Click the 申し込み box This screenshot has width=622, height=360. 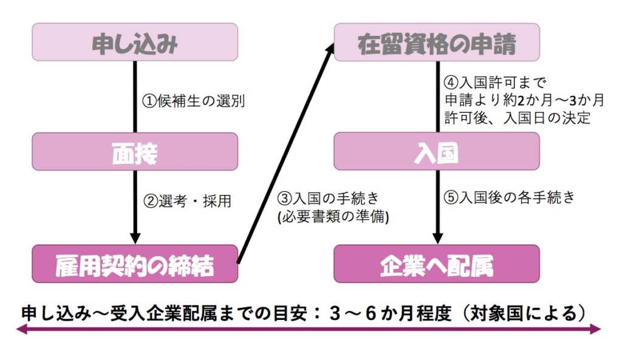(134, 42)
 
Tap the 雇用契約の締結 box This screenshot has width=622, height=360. (134, 263)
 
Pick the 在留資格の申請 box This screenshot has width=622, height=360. (437, 42)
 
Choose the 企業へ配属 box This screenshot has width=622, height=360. (437, 263)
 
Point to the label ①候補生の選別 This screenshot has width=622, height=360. (194, 101)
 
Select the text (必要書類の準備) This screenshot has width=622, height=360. (333, 217)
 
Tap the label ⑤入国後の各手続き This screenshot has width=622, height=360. (508, 198)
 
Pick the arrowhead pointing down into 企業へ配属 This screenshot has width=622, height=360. (437, 237)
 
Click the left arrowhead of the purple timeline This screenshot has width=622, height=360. (22, 330)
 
